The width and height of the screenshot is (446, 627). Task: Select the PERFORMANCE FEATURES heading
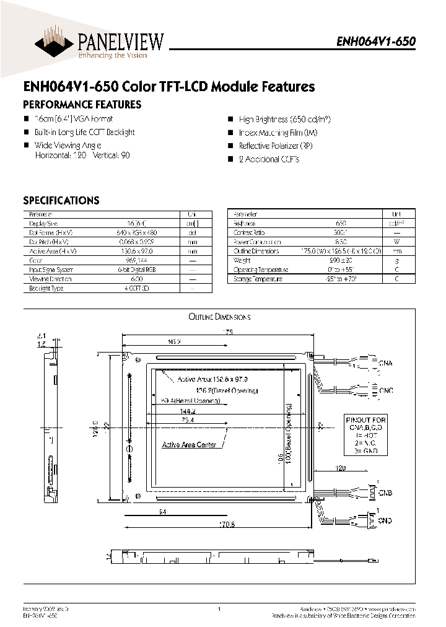pyautogui.click(x=82, y=105)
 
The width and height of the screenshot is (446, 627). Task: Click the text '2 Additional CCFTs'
pyautogui.click(x=269, y=159)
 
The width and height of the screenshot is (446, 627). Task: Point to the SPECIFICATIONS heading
pyautogui.click(x=61, y=200)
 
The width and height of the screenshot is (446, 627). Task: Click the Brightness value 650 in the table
pyautogui.click(x=341, y=223)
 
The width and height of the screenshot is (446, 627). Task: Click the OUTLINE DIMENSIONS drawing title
pyautogui.click(x=219, y=317)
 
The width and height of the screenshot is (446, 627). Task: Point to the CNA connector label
pyautogui.click(x=385, y=362)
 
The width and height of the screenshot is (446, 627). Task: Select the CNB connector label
pyautogui.click(x=385, y=493)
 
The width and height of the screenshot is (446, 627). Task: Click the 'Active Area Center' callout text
pyautogui.click(x=189, y=445)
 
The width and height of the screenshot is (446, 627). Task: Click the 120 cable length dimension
pyautogui.click(x=339, y=469)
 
